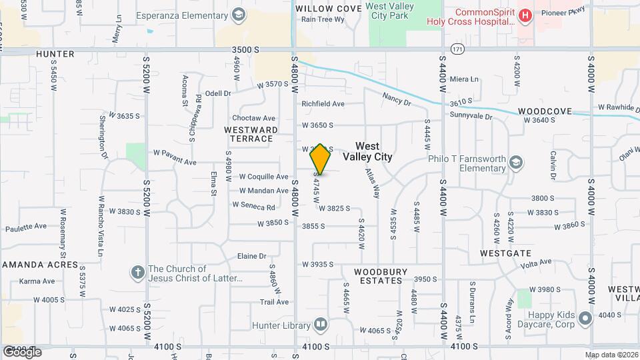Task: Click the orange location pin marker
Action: pyautogui.click(x=321, y=159)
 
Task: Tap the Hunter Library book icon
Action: pyautogui.click(x=321, y=325)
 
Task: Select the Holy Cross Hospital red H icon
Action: pyautogui.click(x=525, y=15)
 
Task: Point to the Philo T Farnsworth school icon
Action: pyautogui.click(x=516, y=162)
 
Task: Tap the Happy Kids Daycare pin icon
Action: pyautogui.click(x=585, y=319)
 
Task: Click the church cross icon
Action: pyautogui.click(x=138, y=272)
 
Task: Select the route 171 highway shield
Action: pyautogui.click(x=457, y=49)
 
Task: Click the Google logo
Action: pyautogui.click(x=22, y=351)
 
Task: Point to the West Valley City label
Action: pyautogui.click(x=367, y=151)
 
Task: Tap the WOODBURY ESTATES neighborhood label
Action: pyautogui.click(x=378, y=276)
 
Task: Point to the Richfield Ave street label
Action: pyautogui.click(x=323, y=104)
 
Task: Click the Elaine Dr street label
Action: pyautogui.click(x=252, y=256)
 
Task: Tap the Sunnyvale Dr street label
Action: pyautogui.click(x=470, y=116)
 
